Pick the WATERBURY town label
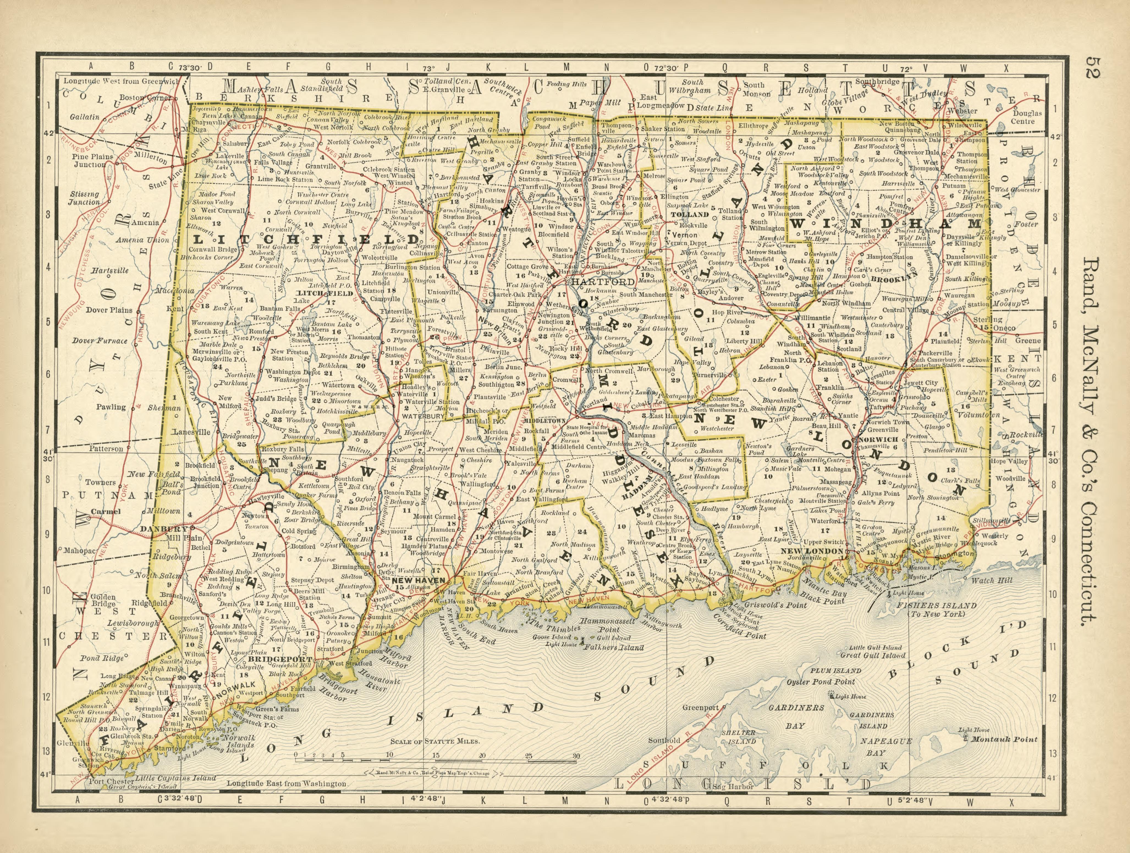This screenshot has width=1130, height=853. pos(423,416)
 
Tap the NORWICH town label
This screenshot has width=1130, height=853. pos(878,439)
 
